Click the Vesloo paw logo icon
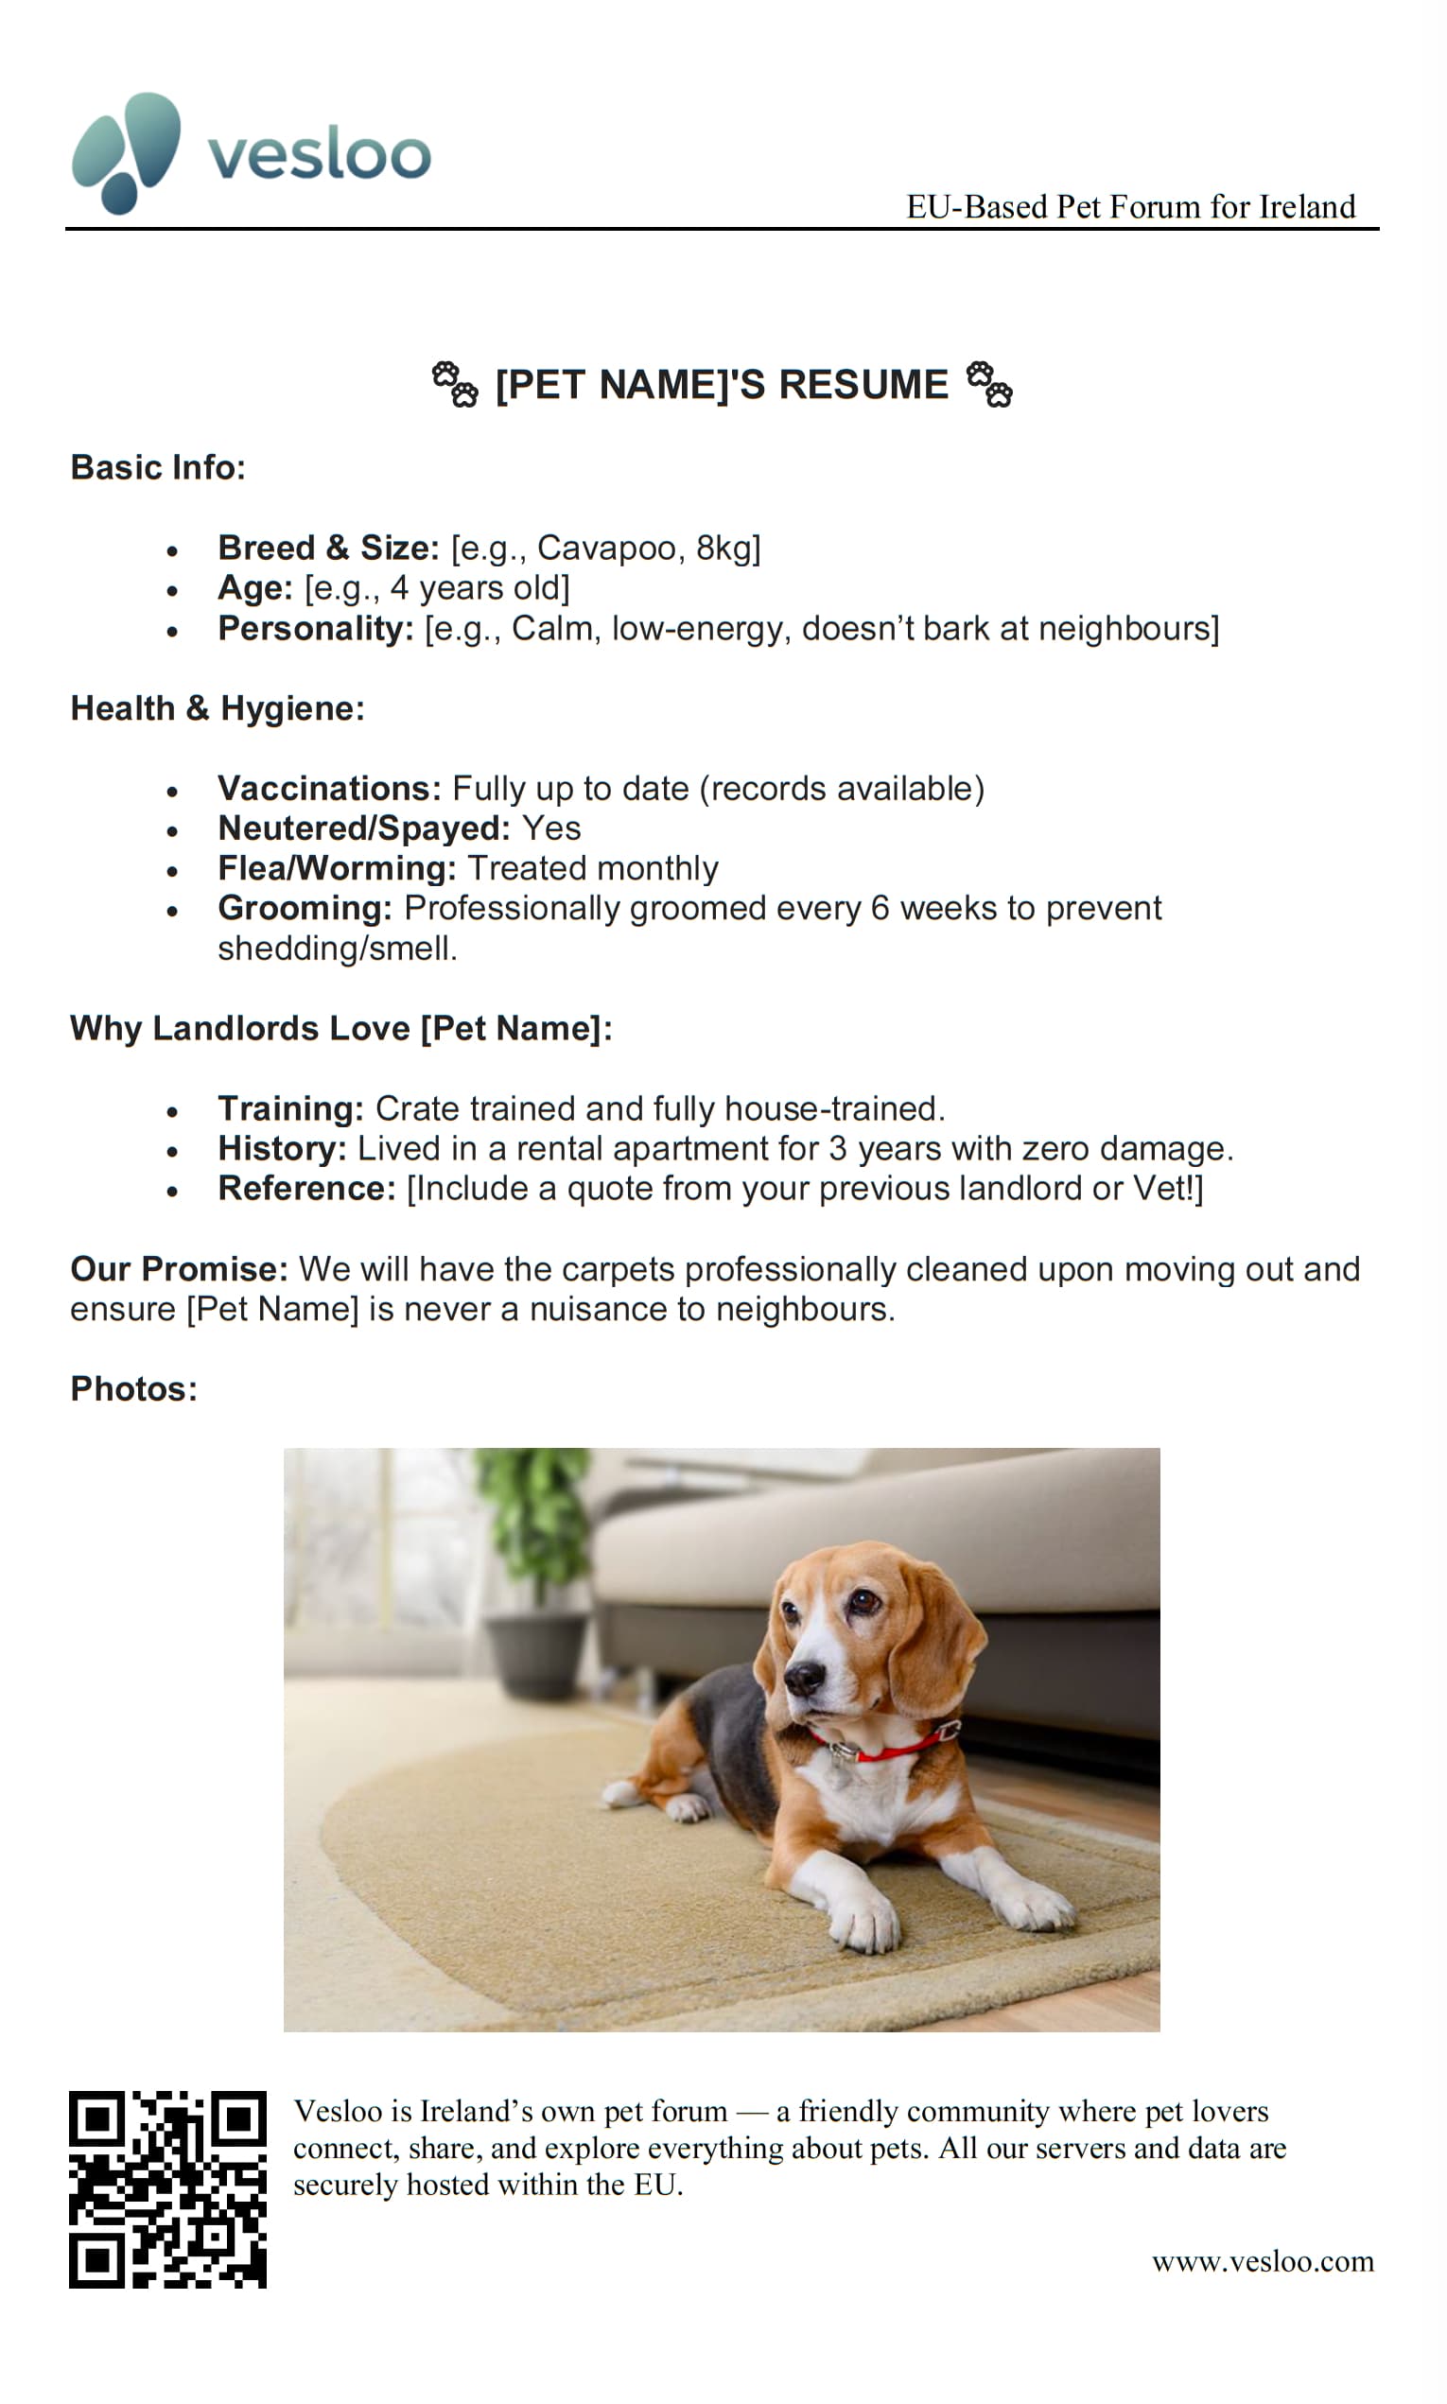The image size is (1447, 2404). point(126,152)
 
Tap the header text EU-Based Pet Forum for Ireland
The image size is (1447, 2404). point(1130,207)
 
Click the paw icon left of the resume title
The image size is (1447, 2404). point(454,384)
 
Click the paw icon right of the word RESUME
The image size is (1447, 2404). point(988,384)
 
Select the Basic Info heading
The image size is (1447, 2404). point(158,467)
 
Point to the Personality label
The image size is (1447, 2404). point(316,629)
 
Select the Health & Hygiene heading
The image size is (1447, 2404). point(218,707)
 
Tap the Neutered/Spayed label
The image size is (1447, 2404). point(364,827)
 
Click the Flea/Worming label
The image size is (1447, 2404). point(337,867)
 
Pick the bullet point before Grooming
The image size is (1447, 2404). point(172,912)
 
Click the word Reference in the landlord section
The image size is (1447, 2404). point(306,1189)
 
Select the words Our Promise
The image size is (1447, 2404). point(179,1269)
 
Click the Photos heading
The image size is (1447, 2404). point(133,1388)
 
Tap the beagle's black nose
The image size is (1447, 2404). point(806,1677)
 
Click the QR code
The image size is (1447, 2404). point(167,2189)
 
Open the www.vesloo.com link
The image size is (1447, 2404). point(1263,2262)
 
